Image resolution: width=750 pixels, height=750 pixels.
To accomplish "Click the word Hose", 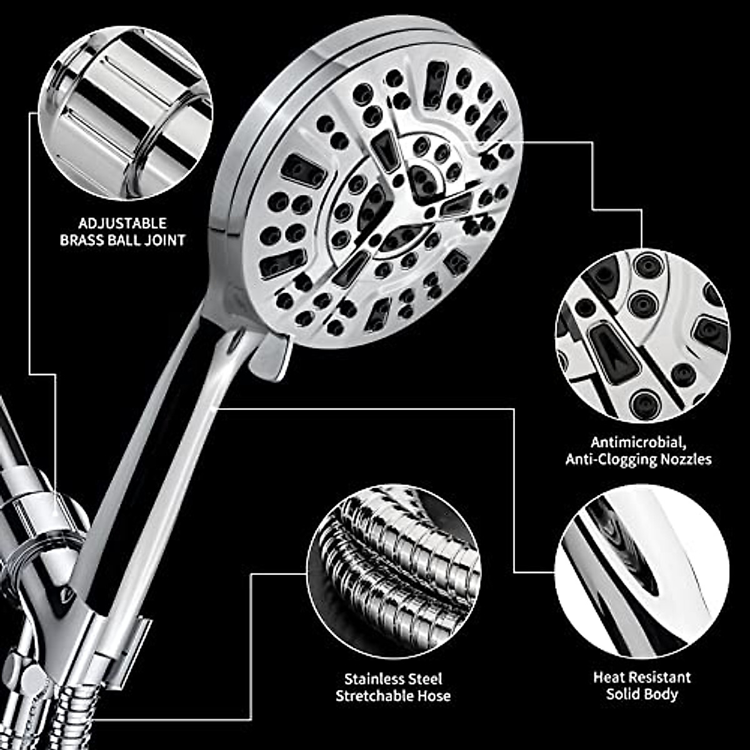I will pos(435,696).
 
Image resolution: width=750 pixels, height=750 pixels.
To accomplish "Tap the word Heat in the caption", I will pos(608,677).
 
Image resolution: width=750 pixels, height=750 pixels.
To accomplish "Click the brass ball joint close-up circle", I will pos(126,112).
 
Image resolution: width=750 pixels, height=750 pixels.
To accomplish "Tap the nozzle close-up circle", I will pos(642,334).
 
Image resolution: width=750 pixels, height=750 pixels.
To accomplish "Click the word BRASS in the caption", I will pos(82,240).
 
